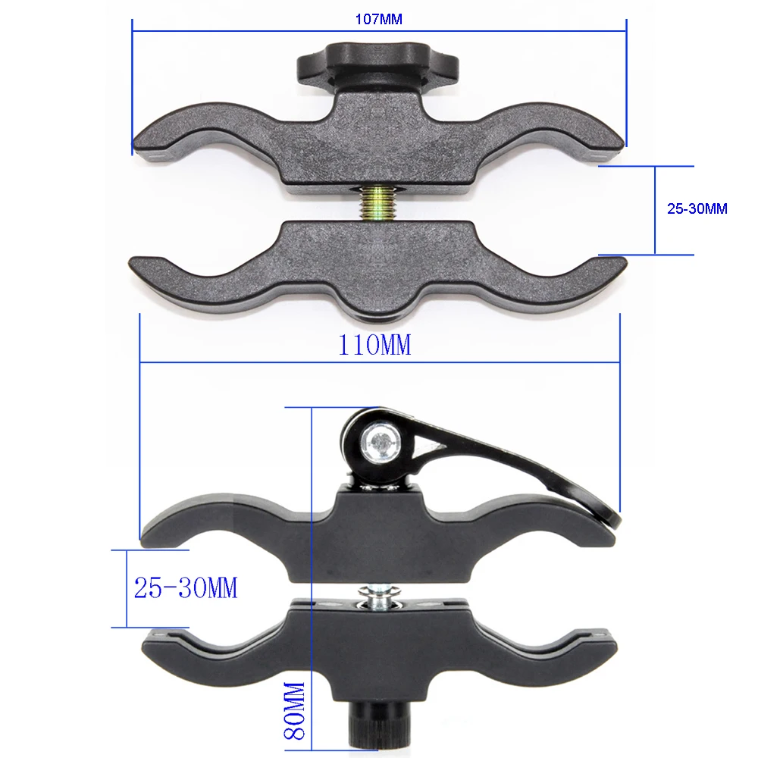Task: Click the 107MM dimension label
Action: click(379, 20)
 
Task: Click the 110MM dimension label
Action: click(374, 346)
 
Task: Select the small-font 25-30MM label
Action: click(697, 209)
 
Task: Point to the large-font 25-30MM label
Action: click(186, 587)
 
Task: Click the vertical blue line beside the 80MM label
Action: click(312, 576)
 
